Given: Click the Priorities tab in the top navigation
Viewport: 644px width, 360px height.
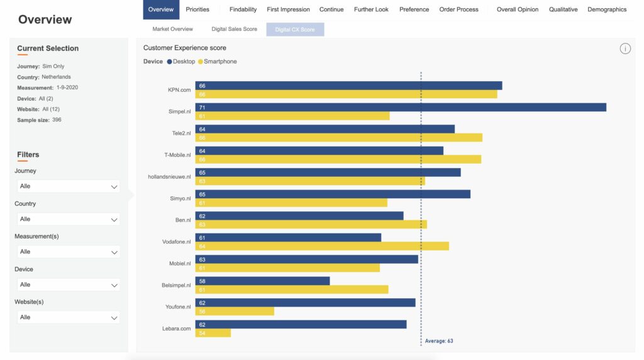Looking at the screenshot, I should (x=197, y=9).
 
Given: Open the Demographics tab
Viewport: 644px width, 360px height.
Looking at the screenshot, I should (x=607, y=9).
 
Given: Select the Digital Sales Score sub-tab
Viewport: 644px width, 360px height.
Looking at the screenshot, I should (x=234, y=29).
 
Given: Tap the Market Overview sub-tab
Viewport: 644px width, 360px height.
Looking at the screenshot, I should (x=172, y=29).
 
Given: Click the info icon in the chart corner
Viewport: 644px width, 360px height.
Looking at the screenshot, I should (x=625, y=48).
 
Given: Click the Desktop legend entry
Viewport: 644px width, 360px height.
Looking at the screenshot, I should (x=182, y=62).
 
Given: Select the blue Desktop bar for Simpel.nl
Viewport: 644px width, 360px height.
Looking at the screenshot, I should (x=401, y=108).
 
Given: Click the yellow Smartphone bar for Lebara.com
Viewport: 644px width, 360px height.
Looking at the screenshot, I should (x=213, y=333).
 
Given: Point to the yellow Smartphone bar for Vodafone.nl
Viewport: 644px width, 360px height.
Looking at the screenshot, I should (x=322, y=246).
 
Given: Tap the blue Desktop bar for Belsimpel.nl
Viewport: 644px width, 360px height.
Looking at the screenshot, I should (x=262, y=281).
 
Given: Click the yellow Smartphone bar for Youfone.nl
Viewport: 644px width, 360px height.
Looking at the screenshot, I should (x=235, y=312).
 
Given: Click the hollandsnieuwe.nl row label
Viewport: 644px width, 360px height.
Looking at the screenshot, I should (x=169, y=177).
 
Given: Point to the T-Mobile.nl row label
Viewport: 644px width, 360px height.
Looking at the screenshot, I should (x=177, y=155).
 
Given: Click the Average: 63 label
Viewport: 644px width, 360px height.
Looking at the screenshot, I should (x=439, y=341).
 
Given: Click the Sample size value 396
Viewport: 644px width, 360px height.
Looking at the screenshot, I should (x=57, y=120).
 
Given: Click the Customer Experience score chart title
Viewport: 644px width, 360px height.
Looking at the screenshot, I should (x=184, y=48).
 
